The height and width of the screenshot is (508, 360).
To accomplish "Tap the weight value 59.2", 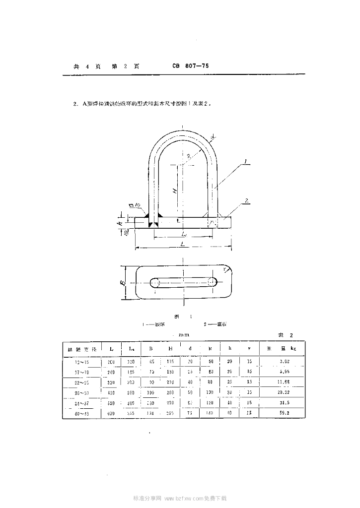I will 284,413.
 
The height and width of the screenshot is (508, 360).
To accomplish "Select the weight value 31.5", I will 284,402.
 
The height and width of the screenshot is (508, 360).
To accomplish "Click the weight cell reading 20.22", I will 284,392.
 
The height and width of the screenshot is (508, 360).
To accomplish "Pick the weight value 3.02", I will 284,361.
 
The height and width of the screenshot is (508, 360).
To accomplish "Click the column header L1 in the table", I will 131,349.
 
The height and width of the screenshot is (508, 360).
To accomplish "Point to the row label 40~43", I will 81,413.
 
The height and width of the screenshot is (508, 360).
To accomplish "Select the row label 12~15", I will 81,361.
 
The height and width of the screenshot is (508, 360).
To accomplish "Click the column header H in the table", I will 170,349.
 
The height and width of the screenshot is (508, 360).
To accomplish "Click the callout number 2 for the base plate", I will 246,201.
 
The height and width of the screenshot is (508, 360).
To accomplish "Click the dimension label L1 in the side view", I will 184,233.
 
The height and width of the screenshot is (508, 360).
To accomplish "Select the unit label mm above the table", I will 183,335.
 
